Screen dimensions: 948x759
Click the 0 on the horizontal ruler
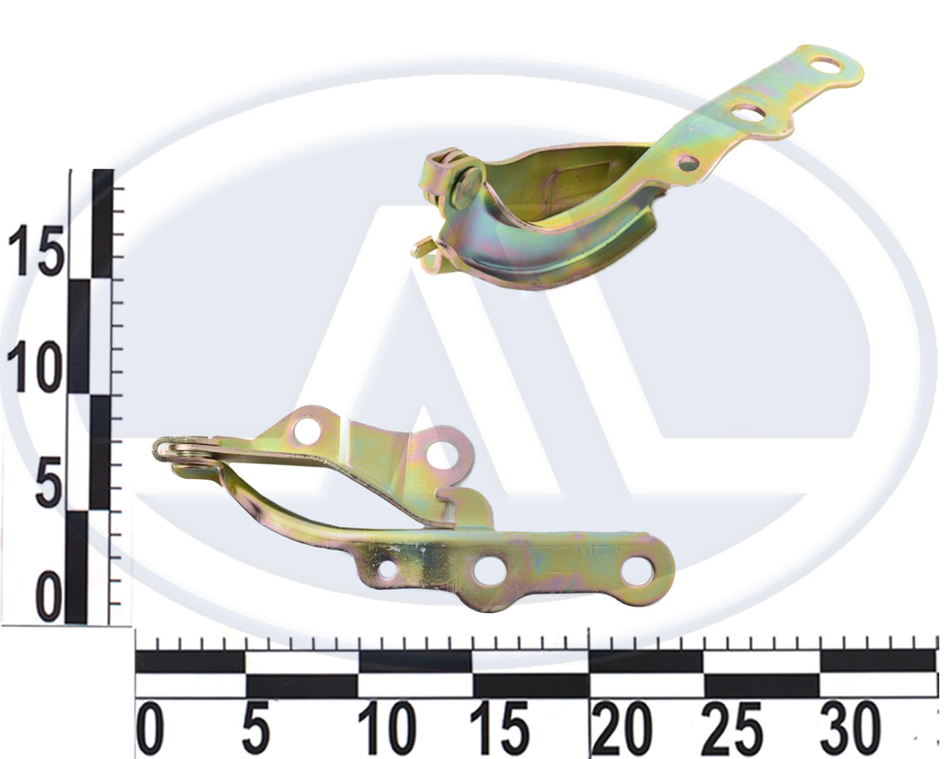(x=151, y=728)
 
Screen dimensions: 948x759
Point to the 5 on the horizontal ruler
(x=257, y=728)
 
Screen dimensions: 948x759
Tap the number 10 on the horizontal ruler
(x=387, y=728)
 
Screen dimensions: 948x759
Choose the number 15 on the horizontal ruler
(x=499, y=728)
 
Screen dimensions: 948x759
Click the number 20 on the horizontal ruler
(x=622, y=728)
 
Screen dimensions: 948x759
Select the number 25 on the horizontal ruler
(x=732, y=728)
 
